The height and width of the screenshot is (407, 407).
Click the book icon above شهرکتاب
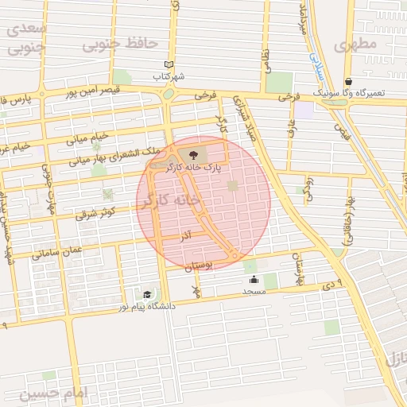pyautogui.click(x=168, y=64)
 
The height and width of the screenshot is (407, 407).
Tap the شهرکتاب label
pyautogui.click(x=169, y=77)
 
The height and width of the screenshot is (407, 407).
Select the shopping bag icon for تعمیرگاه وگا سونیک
pyautogui.click(x=348, y=81)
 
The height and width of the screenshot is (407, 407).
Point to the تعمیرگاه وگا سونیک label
pyautogui.click(x=348, y=93)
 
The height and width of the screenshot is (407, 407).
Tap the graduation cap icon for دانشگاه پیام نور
pyautogui.click(x=148, y=294)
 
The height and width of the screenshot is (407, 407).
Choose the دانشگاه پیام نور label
pyautogui.click(x=148, y=306)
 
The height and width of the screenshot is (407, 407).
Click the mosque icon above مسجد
pyautogui.click(x=254, y=279)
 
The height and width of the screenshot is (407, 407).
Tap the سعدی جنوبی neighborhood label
pyautogui.click(x=26, y=37)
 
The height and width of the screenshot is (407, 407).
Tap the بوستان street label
pyautogui.click(x=199, y=267)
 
